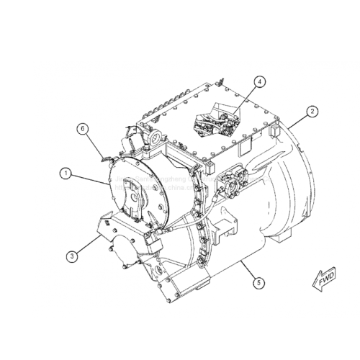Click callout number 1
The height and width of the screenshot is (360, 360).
click(66, 173)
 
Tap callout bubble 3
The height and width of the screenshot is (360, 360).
click(73, 254)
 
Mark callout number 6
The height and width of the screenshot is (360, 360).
click(84, 129)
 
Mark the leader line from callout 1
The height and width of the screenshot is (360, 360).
click(90, 178)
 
